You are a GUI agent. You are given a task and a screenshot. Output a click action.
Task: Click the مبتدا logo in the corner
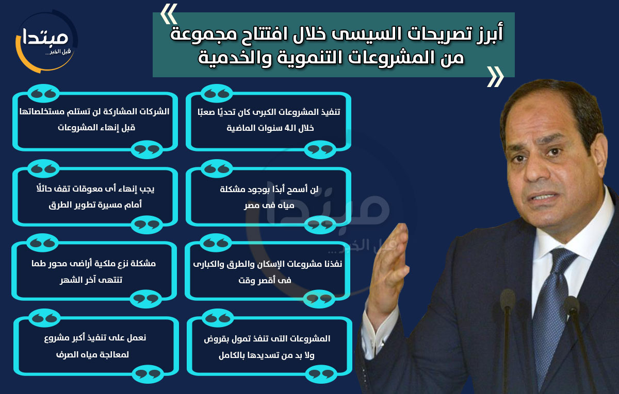(x=46, y=41)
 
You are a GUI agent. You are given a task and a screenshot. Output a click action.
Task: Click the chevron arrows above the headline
(x=169, y=14)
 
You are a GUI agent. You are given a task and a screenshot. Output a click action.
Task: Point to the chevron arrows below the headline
(x=495, y=77)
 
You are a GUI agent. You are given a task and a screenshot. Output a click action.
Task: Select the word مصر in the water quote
(x=252, y=205)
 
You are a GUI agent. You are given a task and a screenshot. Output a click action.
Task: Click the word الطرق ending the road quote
(x=58, y=205)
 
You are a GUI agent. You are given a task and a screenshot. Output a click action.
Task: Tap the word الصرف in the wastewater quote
(x=65, y=354)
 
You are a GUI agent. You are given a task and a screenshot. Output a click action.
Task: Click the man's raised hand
(x=392, y=265)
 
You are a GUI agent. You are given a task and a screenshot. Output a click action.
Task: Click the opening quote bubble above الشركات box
(x=43, y=93)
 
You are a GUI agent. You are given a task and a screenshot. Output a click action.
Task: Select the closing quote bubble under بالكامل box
(x=321, y=374)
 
